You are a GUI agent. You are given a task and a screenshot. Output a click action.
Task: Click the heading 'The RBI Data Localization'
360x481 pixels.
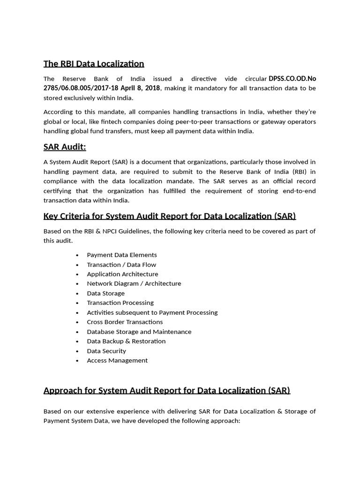(x=94, y=63)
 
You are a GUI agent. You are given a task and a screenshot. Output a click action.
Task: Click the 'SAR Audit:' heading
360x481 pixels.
(x=65, y=147)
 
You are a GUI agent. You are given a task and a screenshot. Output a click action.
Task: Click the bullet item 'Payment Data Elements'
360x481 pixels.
(x=122, y=255)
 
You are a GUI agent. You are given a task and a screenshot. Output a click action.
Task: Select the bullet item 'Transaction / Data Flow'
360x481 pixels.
(x=121, y=264)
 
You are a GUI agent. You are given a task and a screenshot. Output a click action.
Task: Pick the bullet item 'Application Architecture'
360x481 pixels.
(x=122, y=274)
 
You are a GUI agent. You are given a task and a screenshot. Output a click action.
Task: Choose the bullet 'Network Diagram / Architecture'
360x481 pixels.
(x=134, y=283)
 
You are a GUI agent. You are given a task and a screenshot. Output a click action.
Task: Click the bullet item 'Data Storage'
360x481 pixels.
(x=105, y=293)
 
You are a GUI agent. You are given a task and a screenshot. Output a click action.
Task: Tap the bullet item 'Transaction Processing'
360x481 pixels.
(x=120, y=303)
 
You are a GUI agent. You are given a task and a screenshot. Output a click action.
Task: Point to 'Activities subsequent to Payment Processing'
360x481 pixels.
(x=152, y=312)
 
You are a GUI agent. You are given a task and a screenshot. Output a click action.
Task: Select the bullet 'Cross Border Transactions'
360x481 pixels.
(x=125, y=322)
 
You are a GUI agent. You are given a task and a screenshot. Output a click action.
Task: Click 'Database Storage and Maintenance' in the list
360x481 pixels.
(x=139, y=332)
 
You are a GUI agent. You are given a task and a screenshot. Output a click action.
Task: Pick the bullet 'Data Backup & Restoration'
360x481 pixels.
(x=126, y=341)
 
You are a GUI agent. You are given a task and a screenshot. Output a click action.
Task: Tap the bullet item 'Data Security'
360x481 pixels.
(x=106, y=351)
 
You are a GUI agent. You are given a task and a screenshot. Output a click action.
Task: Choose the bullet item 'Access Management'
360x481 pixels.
(x=117, y=360)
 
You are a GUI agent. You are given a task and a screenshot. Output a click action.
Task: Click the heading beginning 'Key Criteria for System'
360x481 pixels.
(x=169, y=216)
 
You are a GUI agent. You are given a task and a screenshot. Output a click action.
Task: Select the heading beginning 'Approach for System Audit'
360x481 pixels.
(x=166, y=390)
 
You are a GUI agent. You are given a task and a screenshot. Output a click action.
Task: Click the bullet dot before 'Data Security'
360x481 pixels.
(x=77, y=351)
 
